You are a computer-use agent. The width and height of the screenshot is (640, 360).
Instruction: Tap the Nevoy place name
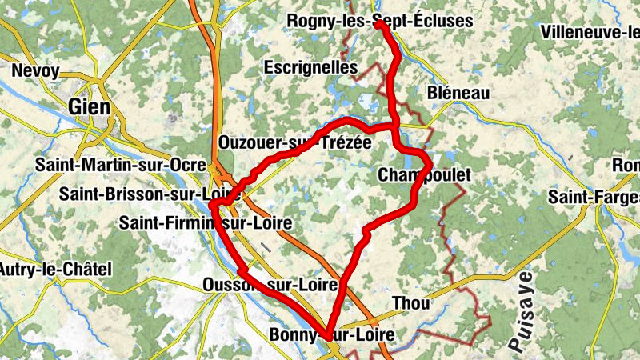coord(36,71)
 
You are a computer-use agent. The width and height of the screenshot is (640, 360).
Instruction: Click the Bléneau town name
coord(459,94)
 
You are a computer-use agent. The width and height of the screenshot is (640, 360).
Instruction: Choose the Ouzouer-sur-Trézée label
coord(294,142)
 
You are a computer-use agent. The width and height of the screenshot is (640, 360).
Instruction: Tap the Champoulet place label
coord(422,174)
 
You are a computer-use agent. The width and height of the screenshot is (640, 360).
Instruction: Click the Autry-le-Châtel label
coord(55,269)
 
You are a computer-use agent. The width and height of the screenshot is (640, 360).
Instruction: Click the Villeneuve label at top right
coord(590,32)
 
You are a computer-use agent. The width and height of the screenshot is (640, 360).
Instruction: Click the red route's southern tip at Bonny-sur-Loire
coord(328,335)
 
